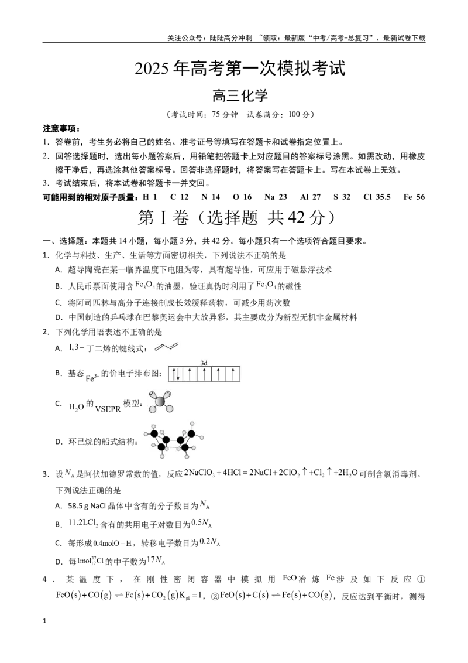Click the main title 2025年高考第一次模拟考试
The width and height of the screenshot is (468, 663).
240,69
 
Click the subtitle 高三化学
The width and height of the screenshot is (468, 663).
240,95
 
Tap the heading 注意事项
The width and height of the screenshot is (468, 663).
61,128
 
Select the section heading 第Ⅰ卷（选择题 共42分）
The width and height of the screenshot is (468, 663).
237,217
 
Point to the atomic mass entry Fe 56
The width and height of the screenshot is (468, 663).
414,197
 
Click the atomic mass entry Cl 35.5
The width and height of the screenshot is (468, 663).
377,197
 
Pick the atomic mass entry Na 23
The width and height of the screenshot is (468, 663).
276,197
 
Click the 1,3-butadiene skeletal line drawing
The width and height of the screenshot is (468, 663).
166,347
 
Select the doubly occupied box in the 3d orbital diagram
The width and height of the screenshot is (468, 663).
175,374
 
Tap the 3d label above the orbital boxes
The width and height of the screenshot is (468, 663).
204,363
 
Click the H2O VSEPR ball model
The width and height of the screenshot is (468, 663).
160,402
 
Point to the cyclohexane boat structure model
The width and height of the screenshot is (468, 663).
174,440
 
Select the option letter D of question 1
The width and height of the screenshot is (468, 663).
58,317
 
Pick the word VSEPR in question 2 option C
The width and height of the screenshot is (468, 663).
108,409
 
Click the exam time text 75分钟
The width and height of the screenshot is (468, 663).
225,115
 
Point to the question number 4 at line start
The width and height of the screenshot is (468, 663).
44,579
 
